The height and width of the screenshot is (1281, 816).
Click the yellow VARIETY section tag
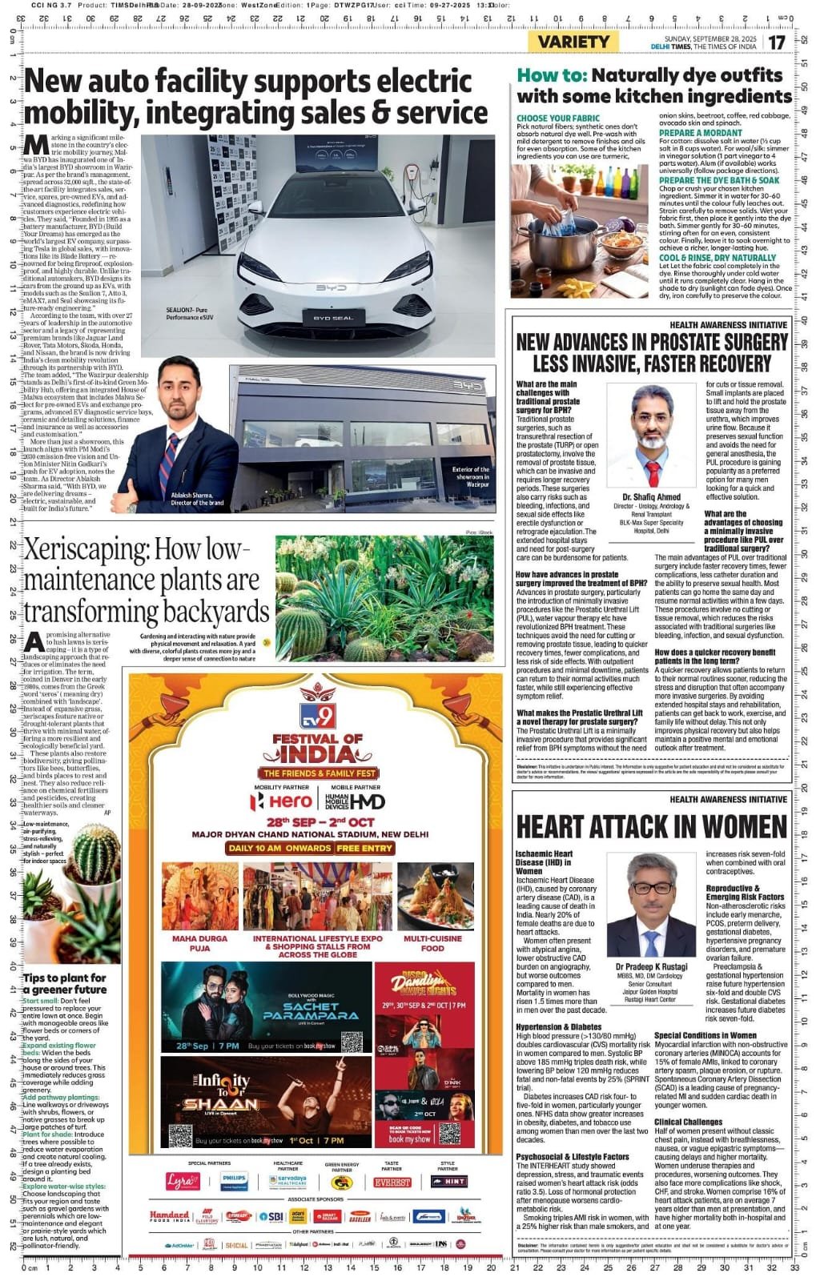point(573,42)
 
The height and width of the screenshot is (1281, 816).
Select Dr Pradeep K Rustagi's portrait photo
point(651,906)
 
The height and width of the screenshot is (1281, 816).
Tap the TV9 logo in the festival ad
point(318,715)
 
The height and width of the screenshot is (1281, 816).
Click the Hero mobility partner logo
point(281,801)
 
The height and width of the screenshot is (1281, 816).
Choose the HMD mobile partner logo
point(357,801)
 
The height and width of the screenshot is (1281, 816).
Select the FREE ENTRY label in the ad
point(364,848)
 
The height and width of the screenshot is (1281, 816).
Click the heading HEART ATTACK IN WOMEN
point(652,827)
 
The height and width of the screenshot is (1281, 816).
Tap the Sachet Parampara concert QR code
point(352,1042)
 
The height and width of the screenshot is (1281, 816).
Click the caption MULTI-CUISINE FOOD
point(432,943)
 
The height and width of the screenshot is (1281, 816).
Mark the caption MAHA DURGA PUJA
point(200,943)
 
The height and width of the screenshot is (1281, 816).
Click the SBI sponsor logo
point(274,1216)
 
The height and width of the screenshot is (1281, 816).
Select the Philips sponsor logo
point(234,1181)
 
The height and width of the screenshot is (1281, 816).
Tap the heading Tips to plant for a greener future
point(64,983)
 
